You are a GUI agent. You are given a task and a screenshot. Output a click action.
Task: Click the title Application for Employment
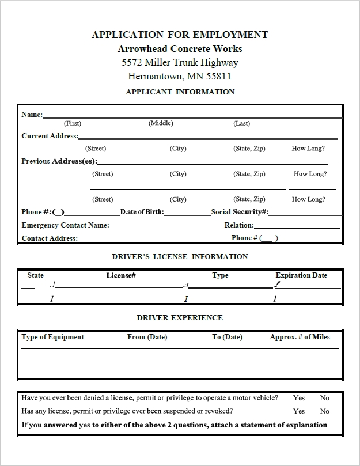click(x=180, y=35)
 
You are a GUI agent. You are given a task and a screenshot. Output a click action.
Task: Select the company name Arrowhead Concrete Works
click(x=180, y=48)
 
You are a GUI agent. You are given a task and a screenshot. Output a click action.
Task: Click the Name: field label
click(x=32, y=114)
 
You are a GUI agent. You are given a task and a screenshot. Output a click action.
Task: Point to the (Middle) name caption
click(x=161, y=123)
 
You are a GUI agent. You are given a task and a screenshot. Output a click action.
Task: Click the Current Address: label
click(x=50, y=136)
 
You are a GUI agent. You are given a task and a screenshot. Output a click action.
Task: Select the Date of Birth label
click(x=142, y=211)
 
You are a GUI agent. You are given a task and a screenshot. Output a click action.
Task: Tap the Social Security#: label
click(x=240, y=211)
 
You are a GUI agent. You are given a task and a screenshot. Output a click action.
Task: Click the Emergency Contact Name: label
click(x=65, y=225)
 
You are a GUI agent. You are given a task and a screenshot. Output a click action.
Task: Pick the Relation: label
click(x=239, y=225)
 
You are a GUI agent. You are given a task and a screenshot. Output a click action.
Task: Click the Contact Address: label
click(x=50, y=238)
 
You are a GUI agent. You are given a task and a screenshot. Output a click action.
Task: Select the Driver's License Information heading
click(x=180, y=256)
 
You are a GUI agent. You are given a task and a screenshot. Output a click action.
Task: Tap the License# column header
click(x=121, y=275)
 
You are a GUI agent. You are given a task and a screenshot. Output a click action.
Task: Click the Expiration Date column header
click(x=301, y=275)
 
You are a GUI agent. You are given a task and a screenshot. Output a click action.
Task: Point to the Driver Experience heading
click(x=180, y=317)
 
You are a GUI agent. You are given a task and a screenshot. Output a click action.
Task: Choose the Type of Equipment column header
click(x=52, y=337)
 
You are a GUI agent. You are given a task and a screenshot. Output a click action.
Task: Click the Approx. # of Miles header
click(x=300, y=337)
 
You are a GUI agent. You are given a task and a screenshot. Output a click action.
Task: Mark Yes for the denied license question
click(x=299, y=397)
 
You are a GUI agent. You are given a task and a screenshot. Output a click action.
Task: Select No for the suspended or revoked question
click(x=325, y=411)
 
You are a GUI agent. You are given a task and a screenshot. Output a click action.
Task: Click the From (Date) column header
click(x=147, y=337)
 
